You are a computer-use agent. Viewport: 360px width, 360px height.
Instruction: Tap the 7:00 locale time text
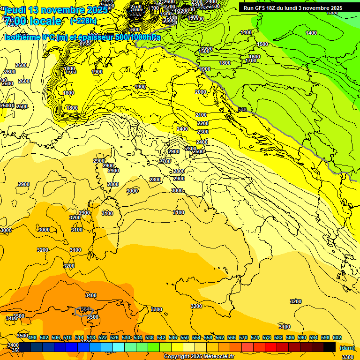pos(33,21)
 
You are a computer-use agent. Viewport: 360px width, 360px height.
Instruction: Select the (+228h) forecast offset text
pos(83,21)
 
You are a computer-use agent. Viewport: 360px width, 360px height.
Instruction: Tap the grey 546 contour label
pos(242,110)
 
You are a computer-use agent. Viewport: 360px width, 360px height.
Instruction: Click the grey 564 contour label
pos(85,309)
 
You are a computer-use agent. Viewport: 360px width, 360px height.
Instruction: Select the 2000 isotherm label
pos(201,92)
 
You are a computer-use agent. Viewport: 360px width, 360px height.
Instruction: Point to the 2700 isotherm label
pos(165,161)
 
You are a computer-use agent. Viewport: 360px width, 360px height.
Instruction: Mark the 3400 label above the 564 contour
pos(91,295)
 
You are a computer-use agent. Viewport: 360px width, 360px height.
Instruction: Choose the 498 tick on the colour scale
pos(32,337)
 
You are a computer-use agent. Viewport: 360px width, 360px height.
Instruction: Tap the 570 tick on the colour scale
pos(243,337)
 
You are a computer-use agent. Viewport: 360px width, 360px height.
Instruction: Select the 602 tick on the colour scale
pos(337,337)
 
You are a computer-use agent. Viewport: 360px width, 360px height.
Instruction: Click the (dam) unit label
pos(347,347)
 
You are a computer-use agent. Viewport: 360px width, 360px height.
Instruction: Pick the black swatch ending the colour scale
pos(330,347)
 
